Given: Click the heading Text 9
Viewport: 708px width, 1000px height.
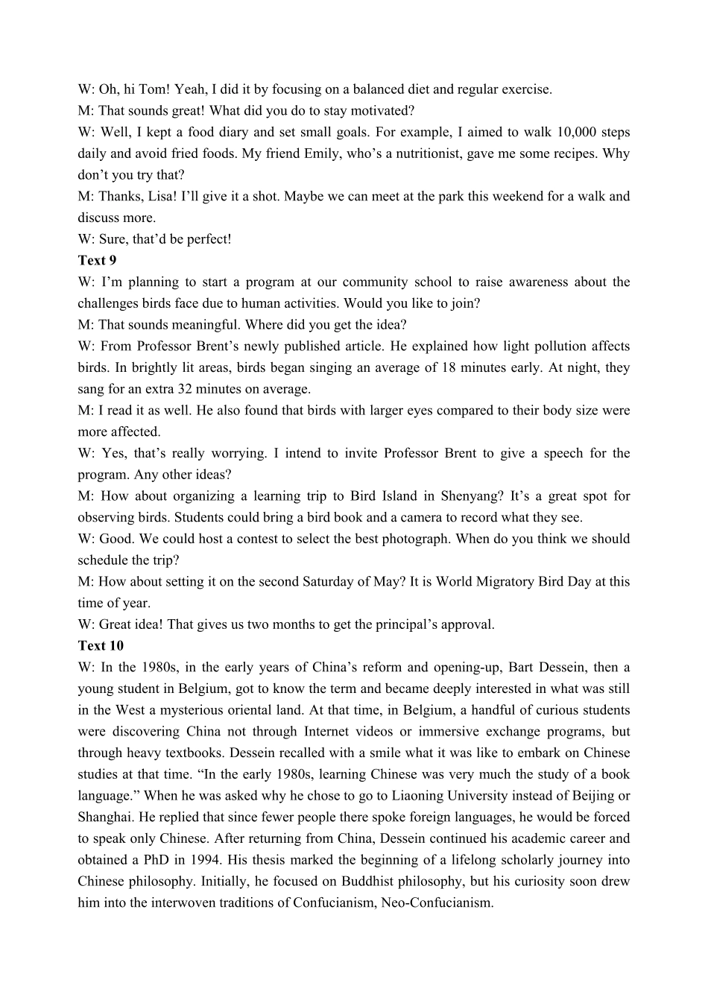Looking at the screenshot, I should tap(97, 261).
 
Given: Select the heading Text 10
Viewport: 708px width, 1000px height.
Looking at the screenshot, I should tap(101, 646).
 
